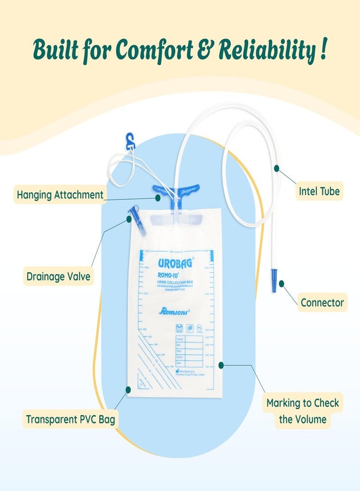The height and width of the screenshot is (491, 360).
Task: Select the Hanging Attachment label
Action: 60,195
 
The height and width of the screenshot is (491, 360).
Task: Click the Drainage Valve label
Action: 59,277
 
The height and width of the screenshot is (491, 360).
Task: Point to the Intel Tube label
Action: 319,191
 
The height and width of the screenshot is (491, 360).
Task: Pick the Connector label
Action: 322,302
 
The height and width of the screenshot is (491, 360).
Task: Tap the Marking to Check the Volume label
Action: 302,411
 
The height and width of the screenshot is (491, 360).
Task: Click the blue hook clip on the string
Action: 130,141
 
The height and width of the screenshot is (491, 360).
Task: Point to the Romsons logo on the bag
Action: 173,311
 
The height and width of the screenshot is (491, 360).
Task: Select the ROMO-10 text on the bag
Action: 171,275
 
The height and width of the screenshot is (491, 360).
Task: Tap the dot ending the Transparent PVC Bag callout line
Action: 128,390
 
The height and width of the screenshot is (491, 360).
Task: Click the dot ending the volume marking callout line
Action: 220,364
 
